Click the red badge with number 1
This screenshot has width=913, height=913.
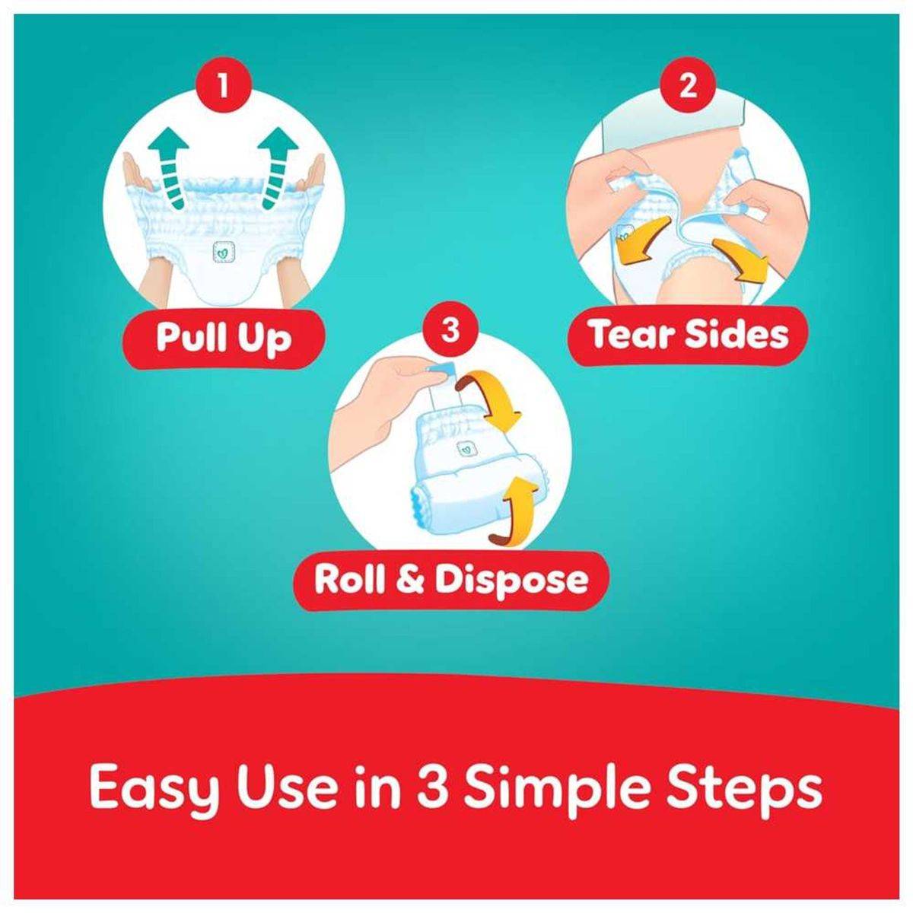pos(223,87)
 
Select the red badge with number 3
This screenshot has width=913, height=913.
pos(450,329)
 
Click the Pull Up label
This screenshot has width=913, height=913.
pos(224,337)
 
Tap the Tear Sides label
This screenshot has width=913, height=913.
pos(689,336)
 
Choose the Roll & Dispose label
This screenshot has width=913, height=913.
pos(450,580)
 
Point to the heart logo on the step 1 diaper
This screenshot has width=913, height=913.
pos(221,254)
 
